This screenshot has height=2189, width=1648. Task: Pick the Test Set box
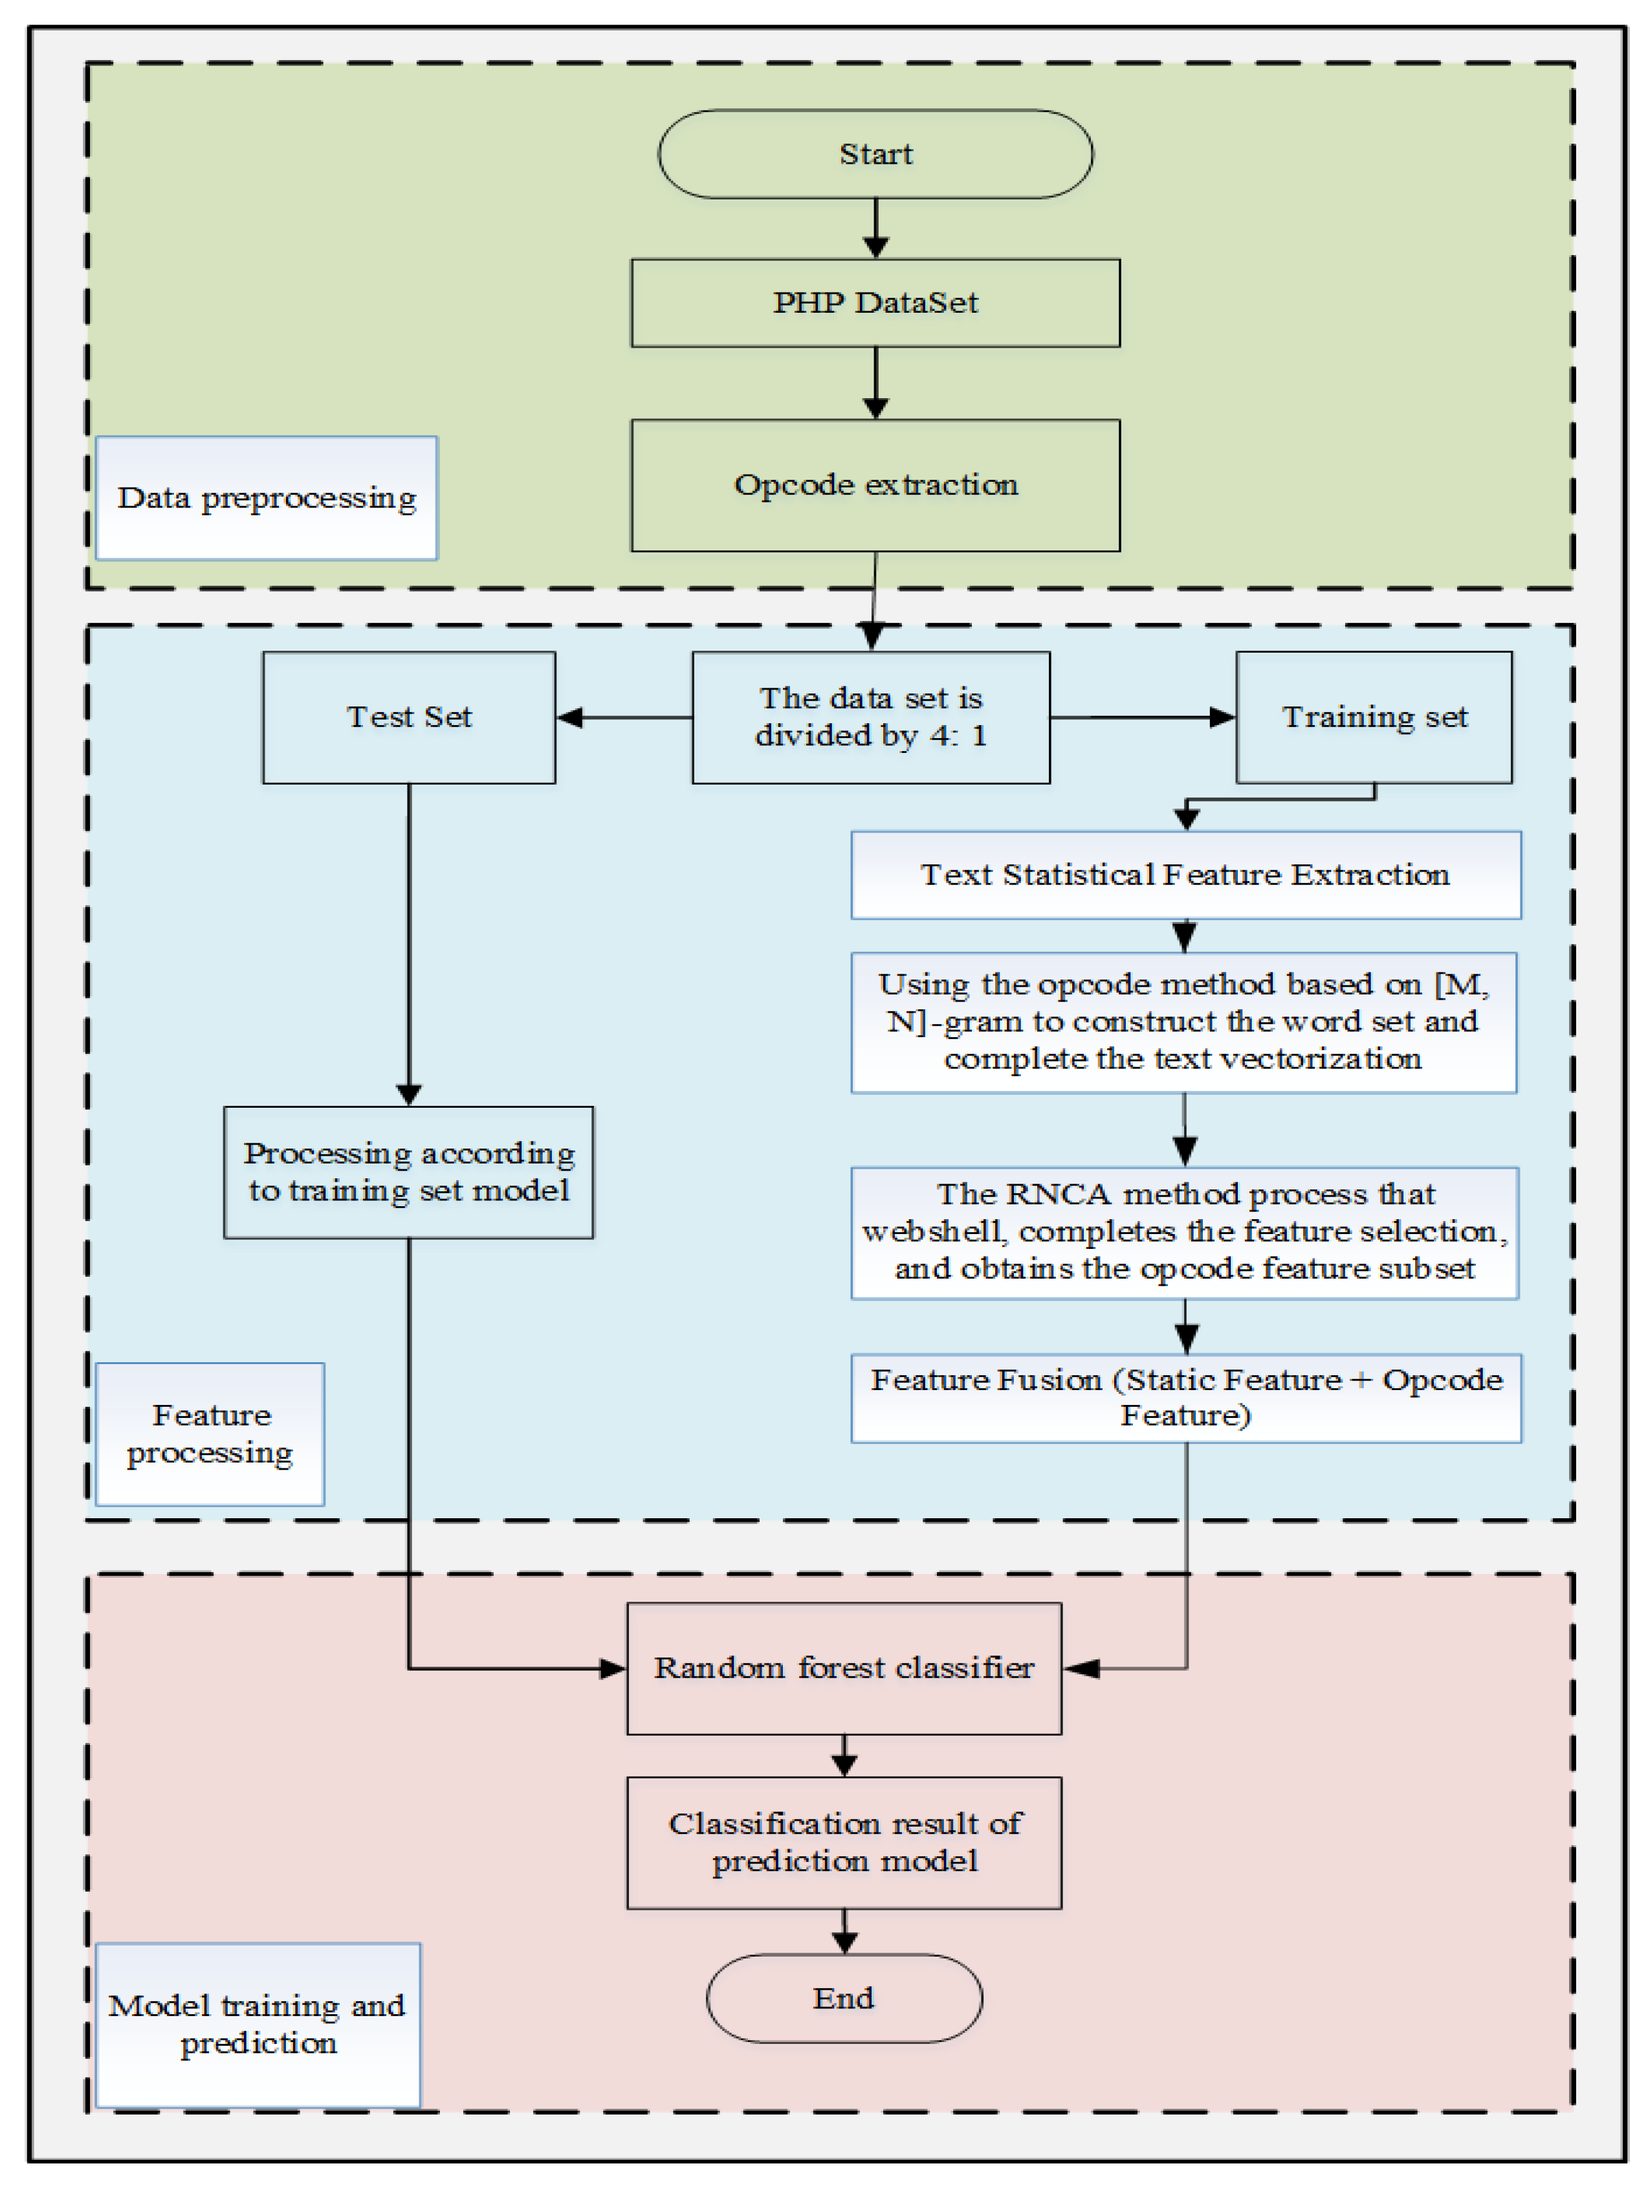click(408, 717)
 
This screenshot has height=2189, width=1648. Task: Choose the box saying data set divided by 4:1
click(870, 717)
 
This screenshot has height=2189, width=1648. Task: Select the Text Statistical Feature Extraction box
click(1185, 875)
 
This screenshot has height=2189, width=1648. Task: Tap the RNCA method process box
click(1184, 1232)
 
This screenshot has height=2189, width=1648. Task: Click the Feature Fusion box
click(1185, 1397)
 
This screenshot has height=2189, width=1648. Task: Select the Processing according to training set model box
click(408, 1172)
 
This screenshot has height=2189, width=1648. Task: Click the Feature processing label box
click(210, 1434)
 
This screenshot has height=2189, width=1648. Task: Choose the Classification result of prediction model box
click(843, 1843)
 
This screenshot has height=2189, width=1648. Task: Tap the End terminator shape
click(843, 1998)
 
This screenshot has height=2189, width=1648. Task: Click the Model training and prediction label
click(257, 2025)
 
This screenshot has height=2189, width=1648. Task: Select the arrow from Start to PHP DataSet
click(875, 228)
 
